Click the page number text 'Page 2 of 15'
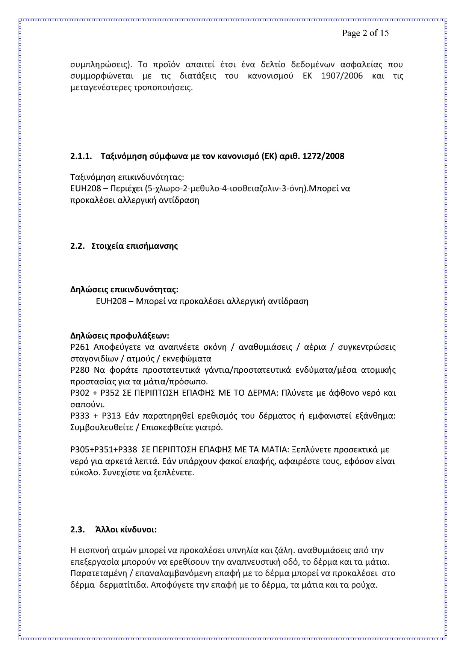coord(365,33)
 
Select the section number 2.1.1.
coord(81,156)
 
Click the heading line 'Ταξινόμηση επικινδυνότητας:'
coord(127,177)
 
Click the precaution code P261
coord(80,347)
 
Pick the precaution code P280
coord(80,370)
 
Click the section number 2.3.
coord(77,530)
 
